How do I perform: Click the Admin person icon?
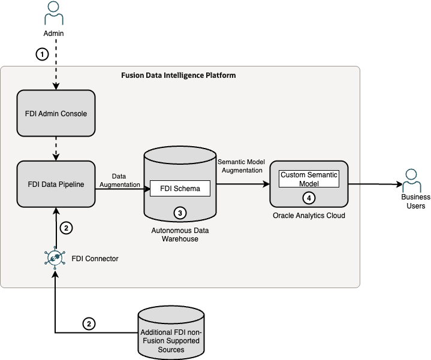pyautogui.click(x=53, y=12)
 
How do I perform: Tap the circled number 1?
pyautogui.click(x=41, y=54)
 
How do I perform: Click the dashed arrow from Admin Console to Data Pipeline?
pyautogui.click(x=56, y=147)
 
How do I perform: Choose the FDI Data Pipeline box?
pyautogui.click(x=56, y=184)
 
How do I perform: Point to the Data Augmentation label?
pyautogui.click(x=119, y=181)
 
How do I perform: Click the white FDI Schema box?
pyautogui.click(x=180, y=188)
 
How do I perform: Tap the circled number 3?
pyautogui.click(x=179, y=212)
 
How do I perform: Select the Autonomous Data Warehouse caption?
pyautogui.click(x=180, y=234)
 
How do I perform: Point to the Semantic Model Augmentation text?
pyautogui.click(x=240, y=166)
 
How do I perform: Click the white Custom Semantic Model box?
pyautogui.click(x=309, y=179)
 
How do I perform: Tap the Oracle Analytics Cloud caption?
pyautogui.click(x=309, y=216)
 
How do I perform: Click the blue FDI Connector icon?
pyautogui.click(x=56, y=259)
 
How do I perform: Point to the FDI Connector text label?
pyautogui.click(x=95, y=259)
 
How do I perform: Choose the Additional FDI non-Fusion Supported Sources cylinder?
pyautogui.click(x=171, y=335)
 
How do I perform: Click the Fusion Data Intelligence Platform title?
pyautogui.click(x=179, y=75)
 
